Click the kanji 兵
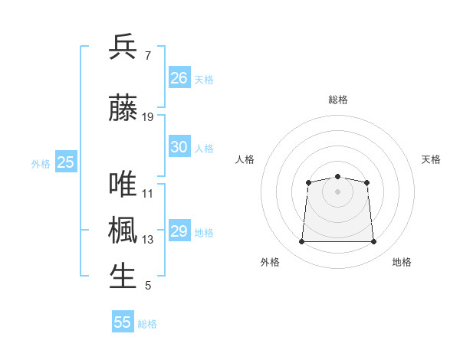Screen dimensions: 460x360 tap(123, 46)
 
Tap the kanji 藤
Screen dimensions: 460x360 tap(123, 107)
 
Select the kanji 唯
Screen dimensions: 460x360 tap(123, 184)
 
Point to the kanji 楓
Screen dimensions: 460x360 tap(123, 230)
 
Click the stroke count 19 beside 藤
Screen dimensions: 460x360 tap(147, 117)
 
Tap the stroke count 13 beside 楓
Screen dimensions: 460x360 tap(147, 240)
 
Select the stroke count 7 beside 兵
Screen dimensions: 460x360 tap(148, 56)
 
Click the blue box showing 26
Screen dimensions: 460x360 tap(179, 77)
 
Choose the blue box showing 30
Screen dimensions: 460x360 tap(179, 146)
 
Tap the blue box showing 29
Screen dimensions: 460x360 tap(179, 230)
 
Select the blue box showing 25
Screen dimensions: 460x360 tap(66, 162)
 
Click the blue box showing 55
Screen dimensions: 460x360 tap(123, 321)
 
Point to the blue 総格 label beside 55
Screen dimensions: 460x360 tap(147, 324)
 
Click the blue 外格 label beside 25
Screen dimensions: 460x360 tap(41, 164)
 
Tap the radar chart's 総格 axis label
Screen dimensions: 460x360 tap(338, 100)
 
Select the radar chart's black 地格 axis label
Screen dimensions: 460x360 tap(402, 262)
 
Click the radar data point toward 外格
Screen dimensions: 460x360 tap(301, 241)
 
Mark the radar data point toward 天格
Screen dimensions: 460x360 tap(366, 182)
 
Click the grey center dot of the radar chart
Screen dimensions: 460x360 tap(337, 191)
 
